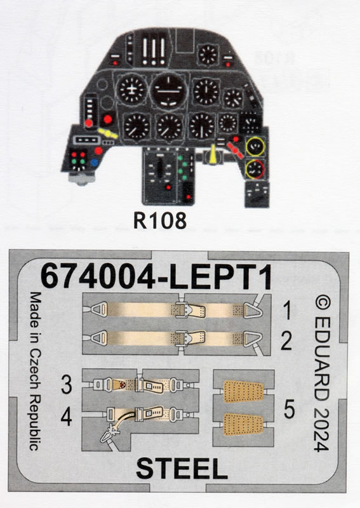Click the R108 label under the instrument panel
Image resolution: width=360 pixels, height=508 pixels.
coord(160,220)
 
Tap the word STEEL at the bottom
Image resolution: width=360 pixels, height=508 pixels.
coord(182,469)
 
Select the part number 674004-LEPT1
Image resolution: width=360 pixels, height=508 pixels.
coord(156,277)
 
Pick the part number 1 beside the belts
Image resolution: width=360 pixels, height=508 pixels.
coord(287,310)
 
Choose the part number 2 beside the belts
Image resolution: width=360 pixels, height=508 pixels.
coord(286,341)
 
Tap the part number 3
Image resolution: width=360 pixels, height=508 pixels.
coord(67,385)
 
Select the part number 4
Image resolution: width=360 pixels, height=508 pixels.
coord(66,417)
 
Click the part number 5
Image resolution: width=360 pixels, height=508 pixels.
coord(289,409)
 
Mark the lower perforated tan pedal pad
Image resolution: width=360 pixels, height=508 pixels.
coord(243,424)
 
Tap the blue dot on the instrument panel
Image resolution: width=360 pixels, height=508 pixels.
coord(95,163)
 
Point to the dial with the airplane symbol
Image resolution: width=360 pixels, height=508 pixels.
coord(131,90)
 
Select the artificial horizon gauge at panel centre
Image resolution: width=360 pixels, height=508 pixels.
coord(168,91)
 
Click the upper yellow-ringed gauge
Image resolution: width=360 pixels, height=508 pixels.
coord(255,146)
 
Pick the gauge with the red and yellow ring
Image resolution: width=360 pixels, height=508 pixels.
coord(255,169)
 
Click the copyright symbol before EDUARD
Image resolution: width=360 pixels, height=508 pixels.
coord(323,304)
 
